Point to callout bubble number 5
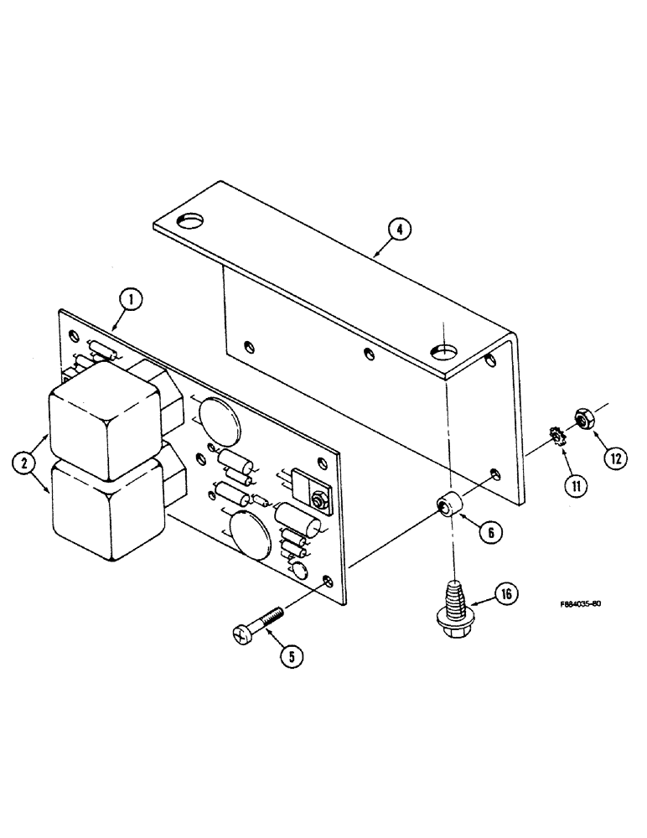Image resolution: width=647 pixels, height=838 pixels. click(290, 656)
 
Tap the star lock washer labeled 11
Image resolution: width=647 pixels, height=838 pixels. click(553, 436)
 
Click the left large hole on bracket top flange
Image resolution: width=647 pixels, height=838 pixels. click(191, 220)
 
